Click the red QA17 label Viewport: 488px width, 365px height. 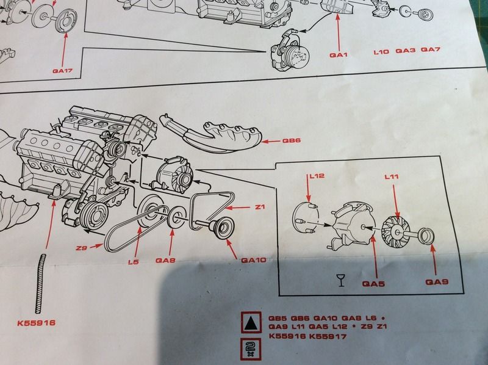point(63,71)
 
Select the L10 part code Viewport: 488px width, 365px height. point(381,51)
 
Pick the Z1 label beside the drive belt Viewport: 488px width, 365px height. point(260,207)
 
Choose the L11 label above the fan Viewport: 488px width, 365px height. point(392,176)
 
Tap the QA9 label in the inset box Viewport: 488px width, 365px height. point(437,282)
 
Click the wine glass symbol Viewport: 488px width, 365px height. point(341,280)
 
